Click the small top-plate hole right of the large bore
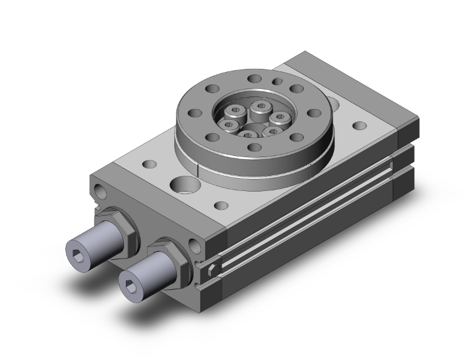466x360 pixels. pyautogui.click(x=220, y=205)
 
